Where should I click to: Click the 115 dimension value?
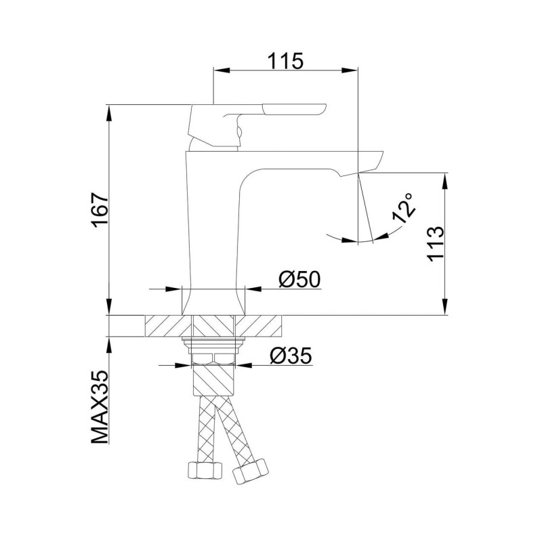[285, 61]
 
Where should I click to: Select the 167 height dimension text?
[100, 210]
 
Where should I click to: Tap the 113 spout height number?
[435, 244]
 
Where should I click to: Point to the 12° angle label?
[404, 207]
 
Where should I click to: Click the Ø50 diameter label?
[299, 279]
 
